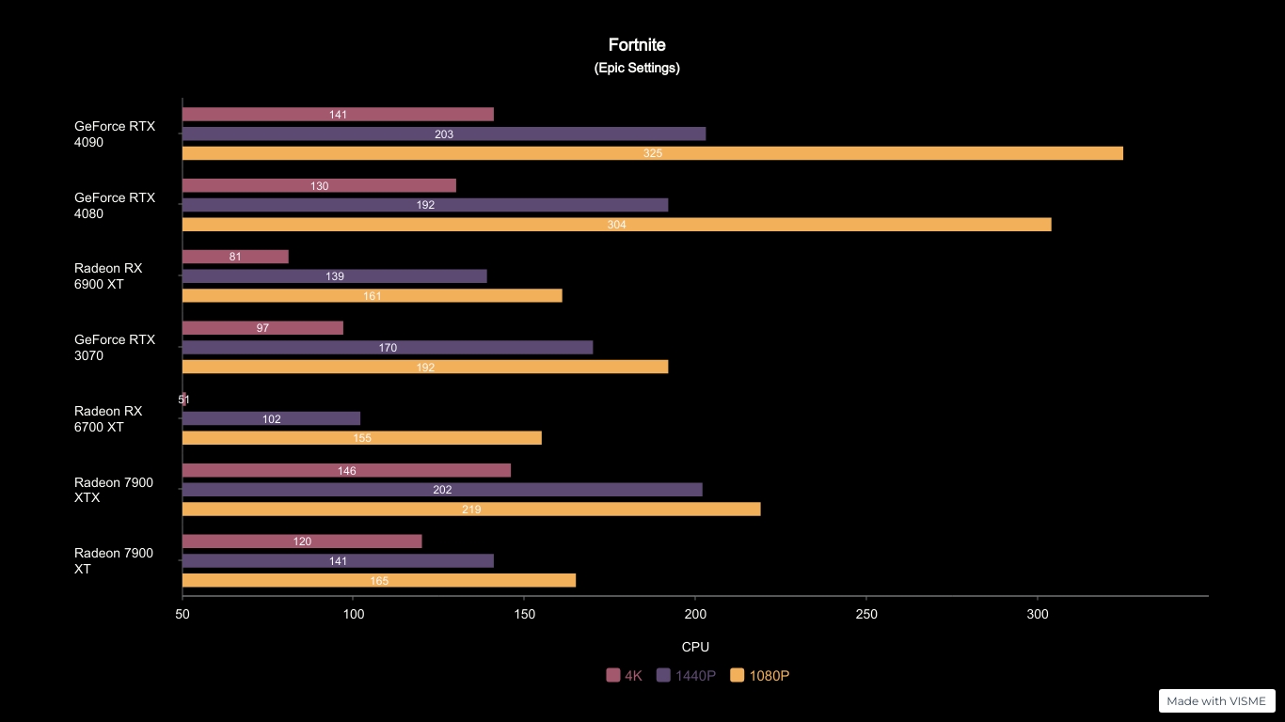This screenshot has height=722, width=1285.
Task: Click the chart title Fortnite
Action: [x=637, y=45]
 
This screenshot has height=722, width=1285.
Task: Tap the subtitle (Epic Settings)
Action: [x=637, y=68]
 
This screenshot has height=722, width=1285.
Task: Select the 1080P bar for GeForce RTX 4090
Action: [x=652, y=153]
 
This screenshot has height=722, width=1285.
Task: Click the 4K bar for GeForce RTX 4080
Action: [x=319, y=186]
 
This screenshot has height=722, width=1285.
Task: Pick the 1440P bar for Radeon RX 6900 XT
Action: [x=334, y=276]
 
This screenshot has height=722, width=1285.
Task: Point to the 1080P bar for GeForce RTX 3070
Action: [x=425, y=367]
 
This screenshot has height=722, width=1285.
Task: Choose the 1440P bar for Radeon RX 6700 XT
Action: [x=271, y=418]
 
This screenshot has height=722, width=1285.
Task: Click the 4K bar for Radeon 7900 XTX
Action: [x=346, y=470]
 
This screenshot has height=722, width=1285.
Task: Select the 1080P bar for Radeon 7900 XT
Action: [x=378, y=581]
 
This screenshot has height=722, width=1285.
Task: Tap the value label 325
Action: [x=653, y=153]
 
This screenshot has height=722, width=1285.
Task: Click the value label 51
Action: [x=184, y=400]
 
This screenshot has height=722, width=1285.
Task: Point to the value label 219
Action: [x=471, y=510]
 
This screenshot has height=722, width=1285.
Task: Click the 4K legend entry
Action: [x=625, y=675]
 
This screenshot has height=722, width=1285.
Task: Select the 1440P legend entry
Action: [x=687, y=675]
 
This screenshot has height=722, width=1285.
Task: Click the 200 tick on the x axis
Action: [x=695, y=614]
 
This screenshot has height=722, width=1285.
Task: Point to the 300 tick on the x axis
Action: [x=1038, y=614]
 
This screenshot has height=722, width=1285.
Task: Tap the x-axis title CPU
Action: [x=695, y=647]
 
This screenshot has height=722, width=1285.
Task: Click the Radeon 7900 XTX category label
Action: [x=114, y=490]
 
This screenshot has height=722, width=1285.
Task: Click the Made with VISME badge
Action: [x=1216, y=701]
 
